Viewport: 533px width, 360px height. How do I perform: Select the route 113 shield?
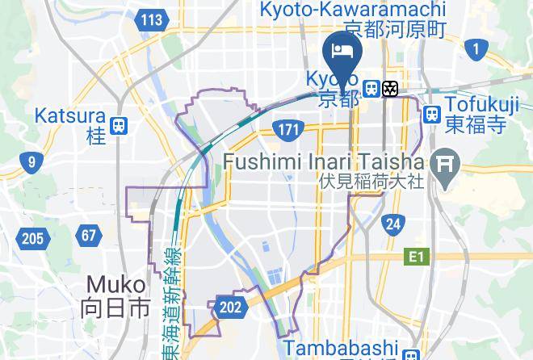click(150, 20)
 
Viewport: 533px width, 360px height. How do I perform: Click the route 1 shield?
click(476, 51)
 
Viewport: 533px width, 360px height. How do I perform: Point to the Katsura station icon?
click(120, 124)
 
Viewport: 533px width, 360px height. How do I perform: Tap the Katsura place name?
click(69, 116)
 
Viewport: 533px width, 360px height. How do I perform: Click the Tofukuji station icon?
click(431, 113)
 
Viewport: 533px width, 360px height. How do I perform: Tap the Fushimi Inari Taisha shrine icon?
click(444, 166)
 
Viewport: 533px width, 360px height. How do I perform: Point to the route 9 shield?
click(31, 163)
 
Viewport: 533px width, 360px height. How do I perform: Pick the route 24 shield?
click(393, 224)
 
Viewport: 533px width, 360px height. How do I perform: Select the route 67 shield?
click(89, 237)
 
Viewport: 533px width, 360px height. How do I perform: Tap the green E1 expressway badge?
click(415, 257)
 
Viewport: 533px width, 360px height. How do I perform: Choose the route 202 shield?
click(229, 307)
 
